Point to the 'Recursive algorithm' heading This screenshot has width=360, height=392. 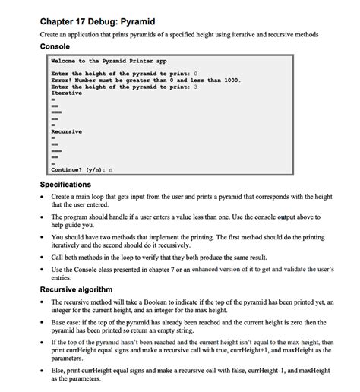(76, 289)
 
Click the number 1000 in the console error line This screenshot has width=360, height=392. (232, 80)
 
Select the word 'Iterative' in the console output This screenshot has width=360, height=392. (66, 93)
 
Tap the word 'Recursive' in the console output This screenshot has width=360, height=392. (66, 131)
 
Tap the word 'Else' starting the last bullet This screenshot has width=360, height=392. (58, 371)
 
